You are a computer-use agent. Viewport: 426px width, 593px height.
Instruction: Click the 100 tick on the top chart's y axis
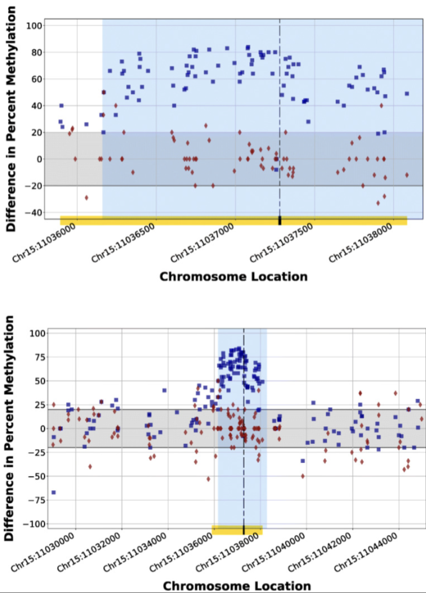(34, 26)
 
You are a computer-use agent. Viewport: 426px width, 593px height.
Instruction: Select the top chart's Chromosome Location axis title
(233, 277)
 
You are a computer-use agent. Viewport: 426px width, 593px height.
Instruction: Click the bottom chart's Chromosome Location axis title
(237, 586)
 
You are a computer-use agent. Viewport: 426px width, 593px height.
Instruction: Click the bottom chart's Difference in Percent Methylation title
(9, 428)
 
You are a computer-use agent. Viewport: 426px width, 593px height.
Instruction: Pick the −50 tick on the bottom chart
(37, 476)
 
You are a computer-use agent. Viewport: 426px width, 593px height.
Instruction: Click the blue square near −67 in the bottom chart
(53, 492)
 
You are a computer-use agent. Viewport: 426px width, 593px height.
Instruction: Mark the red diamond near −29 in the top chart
(87, 198)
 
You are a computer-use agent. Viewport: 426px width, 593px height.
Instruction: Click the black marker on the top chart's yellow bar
(280, 221)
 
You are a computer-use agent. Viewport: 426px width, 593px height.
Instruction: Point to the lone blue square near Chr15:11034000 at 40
(165, 390)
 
